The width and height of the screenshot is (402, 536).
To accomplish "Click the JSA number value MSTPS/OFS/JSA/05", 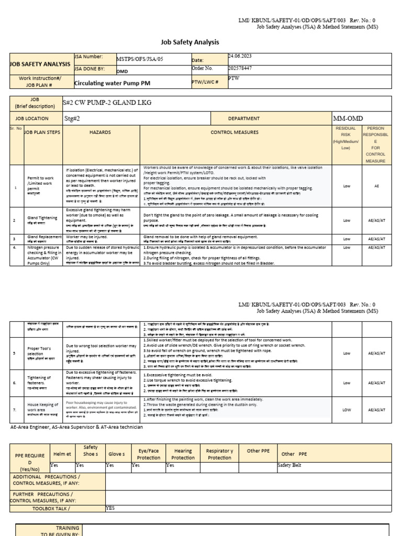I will pos(140,59).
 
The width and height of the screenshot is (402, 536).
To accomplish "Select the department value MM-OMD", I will pos(348,118).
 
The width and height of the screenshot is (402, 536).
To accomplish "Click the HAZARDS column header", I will pos(100,132).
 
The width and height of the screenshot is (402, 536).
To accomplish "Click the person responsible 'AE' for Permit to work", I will pos(376,186).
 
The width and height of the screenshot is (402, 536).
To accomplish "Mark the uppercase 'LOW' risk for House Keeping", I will pos(347,409).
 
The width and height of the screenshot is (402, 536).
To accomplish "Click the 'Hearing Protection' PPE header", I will pos(183,454).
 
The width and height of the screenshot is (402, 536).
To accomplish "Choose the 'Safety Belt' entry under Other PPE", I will pos(291,465).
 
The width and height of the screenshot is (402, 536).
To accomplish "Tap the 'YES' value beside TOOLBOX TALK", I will pos(110,508).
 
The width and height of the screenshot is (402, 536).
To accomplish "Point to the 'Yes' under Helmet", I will pos(54,465).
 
